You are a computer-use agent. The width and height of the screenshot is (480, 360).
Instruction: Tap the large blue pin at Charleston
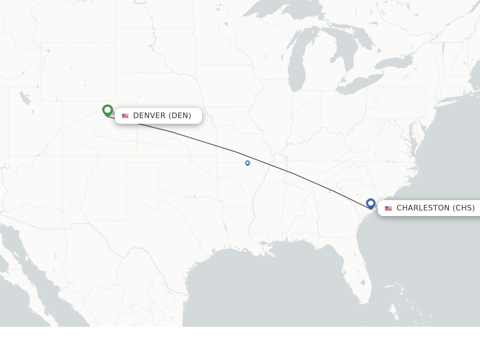pos(371,203)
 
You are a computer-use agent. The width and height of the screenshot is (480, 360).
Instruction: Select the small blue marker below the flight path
pos(247,163)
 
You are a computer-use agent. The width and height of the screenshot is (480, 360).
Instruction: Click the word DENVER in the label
pos(149,116)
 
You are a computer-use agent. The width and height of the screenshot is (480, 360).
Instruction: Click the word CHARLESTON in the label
pos(423,208)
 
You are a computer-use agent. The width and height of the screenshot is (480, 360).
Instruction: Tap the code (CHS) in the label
pos(464,208)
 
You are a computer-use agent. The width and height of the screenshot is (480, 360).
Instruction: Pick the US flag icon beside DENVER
pos(125,116)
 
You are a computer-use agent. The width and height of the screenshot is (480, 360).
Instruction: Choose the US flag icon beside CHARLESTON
pos(388,208)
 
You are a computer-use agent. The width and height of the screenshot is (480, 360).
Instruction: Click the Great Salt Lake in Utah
pos(24,98)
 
